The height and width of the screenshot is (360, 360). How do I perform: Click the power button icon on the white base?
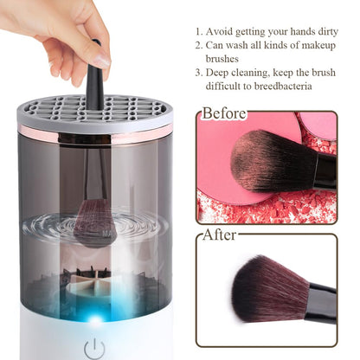pyautogui.click(x=95, y=348)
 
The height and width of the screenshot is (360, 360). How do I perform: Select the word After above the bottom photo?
pyautogui.click(x=221, y=234)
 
